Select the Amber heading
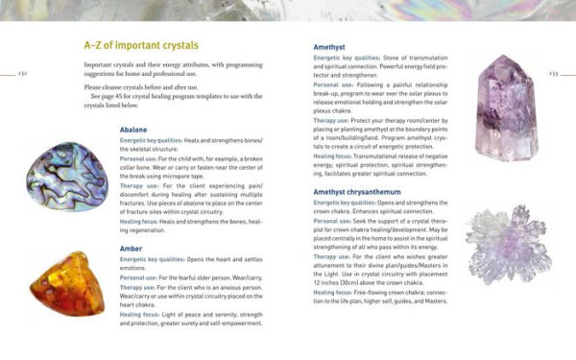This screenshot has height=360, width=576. click(x=132, y=248)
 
